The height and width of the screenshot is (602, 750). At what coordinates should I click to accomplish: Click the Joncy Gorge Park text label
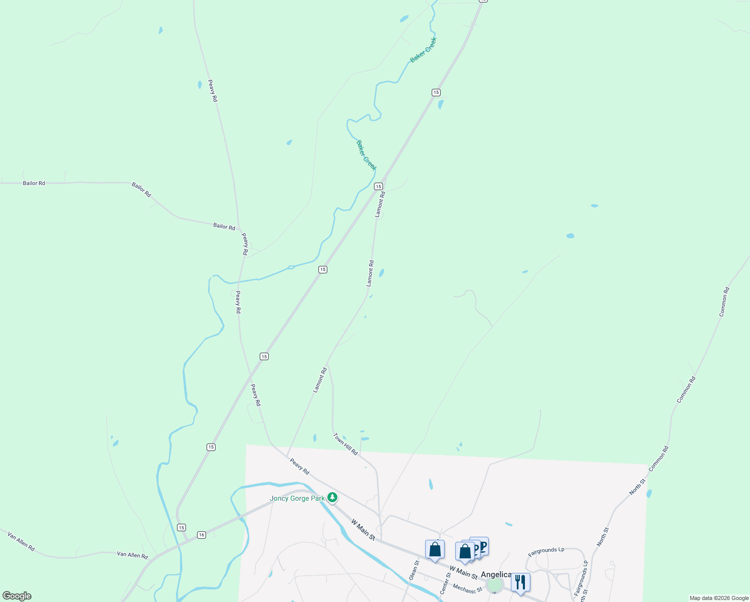297,498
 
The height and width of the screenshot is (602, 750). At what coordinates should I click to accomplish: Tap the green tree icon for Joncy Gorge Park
332,497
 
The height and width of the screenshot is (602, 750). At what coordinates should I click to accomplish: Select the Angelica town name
496,574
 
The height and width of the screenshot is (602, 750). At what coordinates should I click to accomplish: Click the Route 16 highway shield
201,535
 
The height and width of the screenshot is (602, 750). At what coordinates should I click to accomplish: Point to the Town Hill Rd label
346,444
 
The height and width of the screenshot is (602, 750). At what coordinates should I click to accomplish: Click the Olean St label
414,570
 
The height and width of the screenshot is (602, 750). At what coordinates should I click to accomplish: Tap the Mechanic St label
467,588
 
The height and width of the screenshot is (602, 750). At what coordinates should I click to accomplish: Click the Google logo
17,596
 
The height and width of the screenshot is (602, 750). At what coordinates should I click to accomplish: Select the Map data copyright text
719,598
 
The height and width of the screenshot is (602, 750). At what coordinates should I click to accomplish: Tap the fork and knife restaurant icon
520,582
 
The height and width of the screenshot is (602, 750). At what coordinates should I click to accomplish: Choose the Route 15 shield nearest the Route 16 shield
181,527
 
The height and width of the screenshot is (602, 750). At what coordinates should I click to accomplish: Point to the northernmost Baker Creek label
424,50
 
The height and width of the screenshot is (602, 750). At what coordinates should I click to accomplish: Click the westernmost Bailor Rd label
34,183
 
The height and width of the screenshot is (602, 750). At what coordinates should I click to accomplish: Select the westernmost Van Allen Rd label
21,542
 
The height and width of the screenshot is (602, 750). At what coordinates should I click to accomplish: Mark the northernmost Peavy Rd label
213,91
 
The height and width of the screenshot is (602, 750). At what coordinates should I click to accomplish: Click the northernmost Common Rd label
724,302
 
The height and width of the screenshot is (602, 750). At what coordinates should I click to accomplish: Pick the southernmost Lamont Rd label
320,380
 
